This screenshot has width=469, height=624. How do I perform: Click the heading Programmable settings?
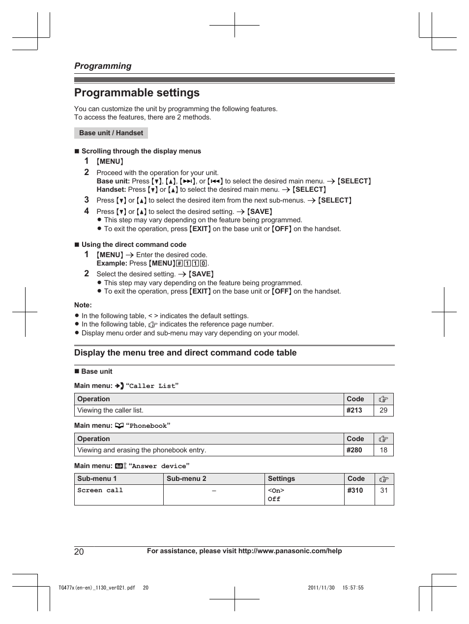[137, 93]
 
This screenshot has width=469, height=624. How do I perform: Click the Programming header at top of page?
[103, 66]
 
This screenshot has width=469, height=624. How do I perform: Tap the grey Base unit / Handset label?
[111, 133]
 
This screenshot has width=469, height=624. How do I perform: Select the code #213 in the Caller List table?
[354, 410]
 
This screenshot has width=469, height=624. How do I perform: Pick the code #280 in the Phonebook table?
[354, 450]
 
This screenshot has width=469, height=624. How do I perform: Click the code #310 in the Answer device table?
[355, 490]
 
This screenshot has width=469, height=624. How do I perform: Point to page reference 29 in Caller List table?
[383, 410]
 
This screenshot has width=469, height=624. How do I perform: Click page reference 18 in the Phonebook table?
[383, 450]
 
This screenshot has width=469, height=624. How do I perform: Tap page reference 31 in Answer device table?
[384, 490]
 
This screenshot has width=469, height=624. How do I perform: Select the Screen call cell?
[100, 490]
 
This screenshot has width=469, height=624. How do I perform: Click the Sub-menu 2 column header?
[186, 478]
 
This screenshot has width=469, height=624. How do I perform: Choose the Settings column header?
[281, 478]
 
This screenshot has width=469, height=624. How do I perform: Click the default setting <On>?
[276, 491]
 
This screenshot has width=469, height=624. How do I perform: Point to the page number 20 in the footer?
[79, 551]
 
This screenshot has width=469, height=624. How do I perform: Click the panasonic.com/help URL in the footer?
[290, 551]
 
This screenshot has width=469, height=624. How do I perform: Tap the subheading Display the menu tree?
[185, 353]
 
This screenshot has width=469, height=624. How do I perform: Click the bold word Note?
[83, 305]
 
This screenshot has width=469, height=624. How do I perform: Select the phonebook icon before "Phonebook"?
[119, 426]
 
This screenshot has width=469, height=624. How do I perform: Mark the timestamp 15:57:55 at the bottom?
[353, 588]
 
